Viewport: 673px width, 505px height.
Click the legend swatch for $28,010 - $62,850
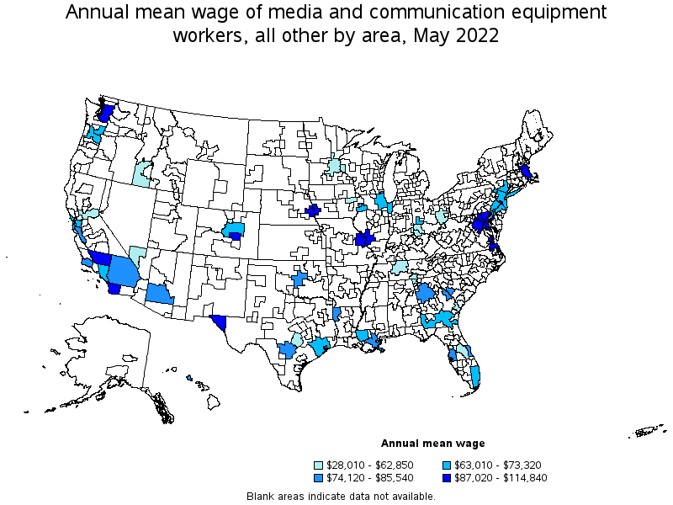click(x=319, y=465)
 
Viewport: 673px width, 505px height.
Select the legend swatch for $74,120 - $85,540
click(x=319, y=476)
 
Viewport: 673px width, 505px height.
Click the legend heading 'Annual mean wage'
click(x=432, y=443)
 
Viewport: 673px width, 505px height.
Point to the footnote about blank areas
click(x=341, y=496)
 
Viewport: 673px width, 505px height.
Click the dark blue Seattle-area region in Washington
click(x=106, y=113)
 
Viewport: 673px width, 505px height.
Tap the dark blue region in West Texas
click(x=220, y=322)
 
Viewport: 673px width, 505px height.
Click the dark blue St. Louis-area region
click(x=364, y=239)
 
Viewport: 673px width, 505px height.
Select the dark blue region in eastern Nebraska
click(x=314, y=210)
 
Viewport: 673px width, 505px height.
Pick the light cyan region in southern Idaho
click(x=141, y=173)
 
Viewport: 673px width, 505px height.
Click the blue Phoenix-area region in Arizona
click(x=157, y=294)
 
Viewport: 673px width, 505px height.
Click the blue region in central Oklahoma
click(x=299, y=279)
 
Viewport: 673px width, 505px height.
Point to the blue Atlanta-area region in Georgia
click(x=425, y=293)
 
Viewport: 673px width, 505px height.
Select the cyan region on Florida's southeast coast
click(x=475, y=374)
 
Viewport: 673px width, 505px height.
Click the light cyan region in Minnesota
click(x=335, y=166)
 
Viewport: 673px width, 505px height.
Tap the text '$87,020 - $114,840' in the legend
click(x=495, y=476)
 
